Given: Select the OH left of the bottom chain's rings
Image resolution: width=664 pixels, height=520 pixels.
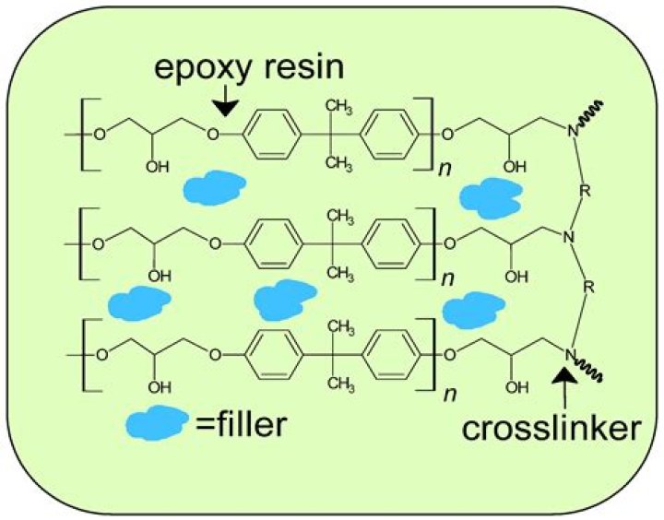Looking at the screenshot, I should tap(160, 384).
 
